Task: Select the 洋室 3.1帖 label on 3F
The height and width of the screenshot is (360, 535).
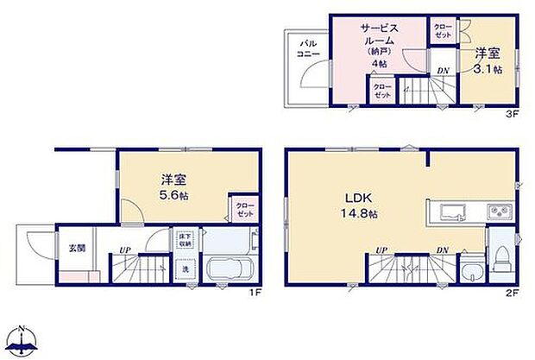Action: point(487,60)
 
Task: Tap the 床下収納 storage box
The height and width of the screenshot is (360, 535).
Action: point(185,240)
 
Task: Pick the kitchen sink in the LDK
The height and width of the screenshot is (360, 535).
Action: point(453,212)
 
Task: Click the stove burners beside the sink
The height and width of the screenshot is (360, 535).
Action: point(498,212)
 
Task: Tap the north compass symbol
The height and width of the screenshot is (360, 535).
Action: point(23,341)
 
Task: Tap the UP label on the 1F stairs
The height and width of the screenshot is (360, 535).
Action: point(125,251)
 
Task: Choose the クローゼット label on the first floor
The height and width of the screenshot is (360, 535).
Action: point(244,209)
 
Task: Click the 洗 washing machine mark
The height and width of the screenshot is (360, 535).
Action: point(185,268)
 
